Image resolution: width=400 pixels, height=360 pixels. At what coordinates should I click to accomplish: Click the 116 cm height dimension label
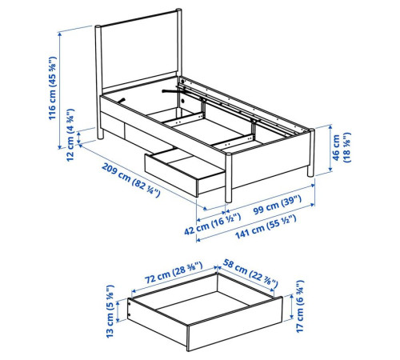pyautogui.click(x=52, y=88)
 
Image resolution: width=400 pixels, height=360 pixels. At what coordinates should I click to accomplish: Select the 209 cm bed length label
pyautogui.click(x=131, y=180)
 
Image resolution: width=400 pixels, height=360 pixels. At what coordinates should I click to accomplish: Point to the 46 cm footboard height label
pyautogui.click(x=342, y=147)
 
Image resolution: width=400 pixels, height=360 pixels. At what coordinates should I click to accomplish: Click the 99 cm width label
pyautogui.click(x=278, y=205)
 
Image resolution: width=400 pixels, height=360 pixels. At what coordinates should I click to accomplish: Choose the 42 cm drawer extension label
pyautogui.click(x=212, y=224)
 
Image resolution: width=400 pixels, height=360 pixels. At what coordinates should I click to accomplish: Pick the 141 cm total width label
pyautogui.click(x=266, y=227)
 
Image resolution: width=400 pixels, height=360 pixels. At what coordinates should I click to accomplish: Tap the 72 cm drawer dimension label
pyautogui.click(x=174, y=273)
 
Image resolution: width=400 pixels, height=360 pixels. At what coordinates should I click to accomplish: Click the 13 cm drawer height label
pyautogui.click(x=110, y=311)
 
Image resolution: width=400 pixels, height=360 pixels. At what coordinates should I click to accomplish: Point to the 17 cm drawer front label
pyautogui.click(x=300, y=306)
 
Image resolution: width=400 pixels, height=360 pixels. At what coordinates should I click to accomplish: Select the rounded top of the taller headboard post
pyautogui.click(x=178, y=10)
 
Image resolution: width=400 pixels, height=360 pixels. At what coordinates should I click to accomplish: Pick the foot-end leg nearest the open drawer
pyautogui.click(x=229, y=178)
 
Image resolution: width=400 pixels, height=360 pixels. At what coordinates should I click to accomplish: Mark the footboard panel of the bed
pyautogui.click(x=270, y=161)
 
